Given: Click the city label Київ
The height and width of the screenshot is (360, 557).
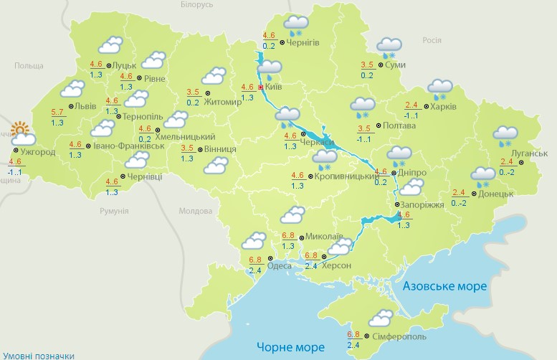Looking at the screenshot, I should (x=273, y=87).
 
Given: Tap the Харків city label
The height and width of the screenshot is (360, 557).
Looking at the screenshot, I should (x=446, y=108).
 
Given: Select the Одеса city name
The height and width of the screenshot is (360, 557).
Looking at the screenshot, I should (x=279, y=266).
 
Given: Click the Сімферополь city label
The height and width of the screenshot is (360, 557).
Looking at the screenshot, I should (x=399, y=336).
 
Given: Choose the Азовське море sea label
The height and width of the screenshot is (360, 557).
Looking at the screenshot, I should (x=444, y=286).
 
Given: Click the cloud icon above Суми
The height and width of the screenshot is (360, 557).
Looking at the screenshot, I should (x=389, y=47).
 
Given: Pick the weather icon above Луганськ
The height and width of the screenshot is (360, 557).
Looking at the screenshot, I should (x=505, y=135).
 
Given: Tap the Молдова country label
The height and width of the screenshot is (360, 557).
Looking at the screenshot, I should (x=195, y=212).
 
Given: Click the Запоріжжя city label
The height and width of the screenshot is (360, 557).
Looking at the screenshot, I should (x=420, y=204).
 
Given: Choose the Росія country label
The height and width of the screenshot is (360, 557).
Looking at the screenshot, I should (x=431, y=40).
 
